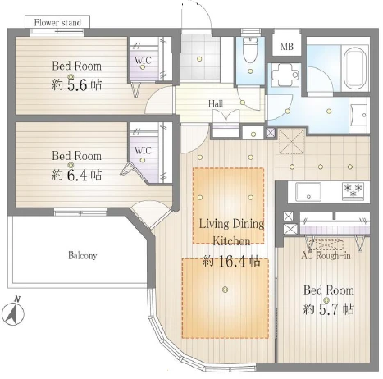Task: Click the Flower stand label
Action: (x=57, y=22)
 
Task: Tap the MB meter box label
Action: (x=287, y=47)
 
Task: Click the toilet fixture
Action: (x=250, y=50)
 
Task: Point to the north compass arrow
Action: (x=12, y=312)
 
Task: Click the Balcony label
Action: (x=83, y=256)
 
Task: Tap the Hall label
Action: (x=216, y=103)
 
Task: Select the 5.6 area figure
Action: (x=77, y=85)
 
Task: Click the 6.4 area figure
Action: (x=77, y=175)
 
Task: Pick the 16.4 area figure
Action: (x=231, y=263)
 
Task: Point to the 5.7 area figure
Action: (x=330, y=309)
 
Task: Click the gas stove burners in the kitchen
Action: (x=353, y=190)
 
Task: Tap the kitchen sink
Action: (x=308, y=192)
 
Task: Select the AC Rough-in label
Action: (x=326, y=255)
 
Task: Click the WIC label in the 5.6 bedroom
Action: (x=143, y=60)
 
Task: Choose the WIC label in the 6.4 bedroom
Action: (x=143, y=150)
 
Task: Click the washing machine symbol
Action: (x=285, y=75)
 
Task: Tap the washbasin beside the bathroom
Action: (x=359, y=116)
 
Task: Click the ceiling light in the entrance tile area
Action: (x=199, y=58)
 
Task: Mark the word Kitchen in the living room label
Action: (x=231, y=241)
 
